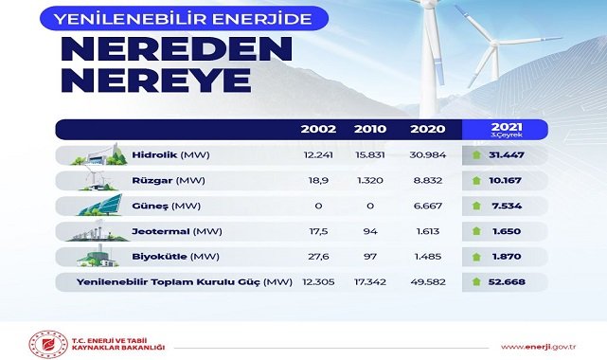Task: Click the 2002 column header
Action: click(x=318, y=130)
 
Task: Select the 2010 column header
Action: click(x=369, y=130)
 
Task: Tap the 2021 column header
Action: click(x=507, y=127)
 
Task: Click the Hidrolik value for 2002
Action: click(x=318, y=154)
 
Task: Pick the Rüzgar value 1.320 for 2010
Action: click(x=369, y=180)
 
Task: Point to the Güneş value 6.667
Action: click(x=422, y=206)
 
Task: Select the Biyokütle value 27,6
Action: click(x=318, y=257)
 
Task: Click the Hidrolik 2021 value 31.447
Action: click(x=507, y=154)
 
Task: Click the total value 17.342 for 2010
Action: click(x=369, y=282)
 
